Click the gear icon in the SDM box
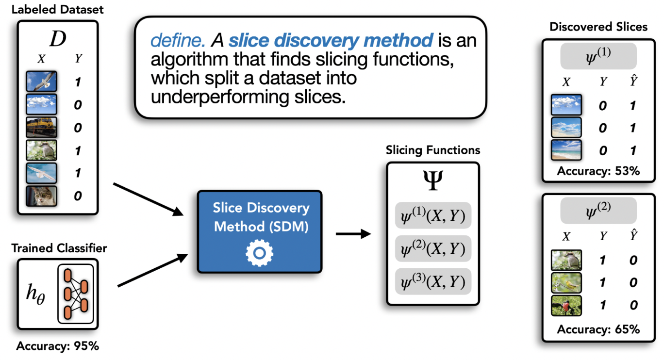tap(259, 252)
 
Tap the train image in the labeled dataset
tap(42, 128)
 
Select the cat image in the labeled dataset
tap(42, 196)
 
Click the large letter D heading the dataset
tap(57, 39)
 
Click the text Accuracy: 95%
tap(58, 346)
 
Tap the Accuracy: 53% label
tap(598, 171)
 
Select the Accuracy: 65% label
tap(598, 329)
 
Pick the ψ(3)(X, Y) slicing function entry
tap(433, 281)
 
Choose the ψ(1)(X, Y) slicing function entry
tap(433, 215)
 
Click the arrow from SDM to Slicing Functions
tap(353, 234)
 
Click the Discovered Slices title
tap(598, 27)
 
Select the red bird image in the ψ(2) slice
tap(566, 305)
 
